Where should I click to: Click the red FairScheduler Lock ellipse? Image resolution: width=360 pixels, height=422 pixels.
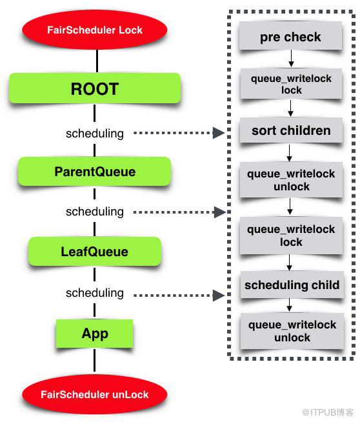tap(94, 30)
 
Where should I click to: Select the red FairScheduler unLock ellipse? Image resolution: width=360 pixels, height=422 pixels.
tap(94, 394)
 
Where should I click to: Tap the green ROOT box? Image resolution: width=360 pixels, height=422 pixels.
tap(95, 88)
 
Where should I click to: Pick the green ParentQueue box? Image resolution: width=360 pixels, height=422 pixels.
tap(94, 172)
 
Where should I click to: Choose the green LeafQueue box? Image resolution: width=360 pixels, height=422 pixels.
tap(95, 252)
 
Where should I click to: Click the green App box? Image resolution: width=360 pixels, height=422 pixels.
tap(94, 334)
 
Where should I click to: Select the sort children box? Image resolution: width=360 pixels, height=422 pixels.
tap(291, 130)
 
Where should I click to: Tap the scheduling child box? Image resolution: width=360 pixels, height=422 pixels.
tap(292, 285)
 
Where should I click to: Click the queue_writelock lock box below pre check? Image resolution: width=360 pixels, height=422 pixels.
tap(291, 84)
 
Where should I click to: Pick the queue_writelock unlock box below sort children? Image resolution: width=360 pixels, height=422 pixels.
tap(292, 180)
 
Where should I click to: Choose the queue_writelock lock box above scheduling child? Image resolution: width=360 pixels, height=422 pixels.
tap(291, 236)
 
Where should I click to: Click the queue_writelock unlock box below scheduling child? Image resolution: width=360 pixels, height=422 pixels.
tap(292, 331)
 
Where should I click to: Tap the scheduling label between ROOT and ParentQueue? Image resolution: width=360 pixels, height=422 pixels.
tap(95, 133)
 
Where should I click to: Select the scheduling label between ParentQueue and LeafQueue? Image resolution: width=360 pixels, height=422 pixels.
tap(95, 212)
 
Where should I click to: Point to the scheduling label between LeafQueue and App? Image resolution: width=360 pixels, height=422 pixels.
tap(95, 293)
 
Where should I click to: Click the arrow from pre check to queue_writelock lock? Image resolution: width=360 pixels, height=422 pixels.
tap(291, 59)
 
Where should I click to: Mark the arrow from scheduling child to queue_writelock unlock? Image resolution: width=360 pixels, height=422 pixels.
tap(290, 305)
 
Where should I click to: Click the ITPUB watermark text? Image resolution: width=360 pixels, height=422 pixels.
tap(328, 412)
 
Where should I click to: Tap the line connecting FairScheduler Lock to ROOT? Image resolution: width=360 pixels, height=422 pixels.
tap(97, 61)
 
